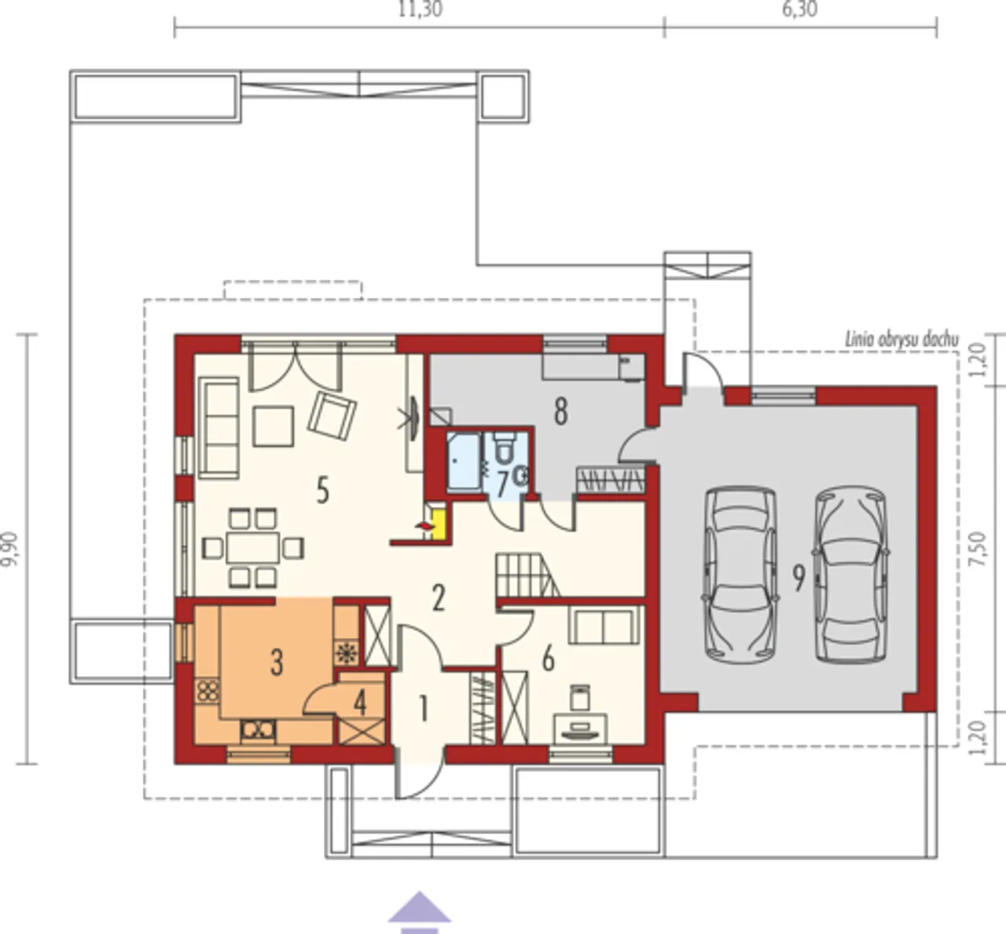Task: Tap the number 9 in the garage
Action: tap(799, 578)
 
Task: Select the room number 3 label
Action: tap(277, 662)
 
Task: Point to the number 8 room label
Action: tap(560, 411)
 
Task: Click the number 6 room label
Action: tap(548, 660)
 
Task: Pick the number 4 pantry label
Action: tap(360, 704)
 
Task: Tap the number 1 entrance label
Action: tap(424, 708)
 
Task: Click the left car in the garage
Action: tap(740, 575)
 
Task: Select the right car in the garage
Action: tap(851, 575)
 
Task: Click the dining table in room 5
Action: tap(253, 548)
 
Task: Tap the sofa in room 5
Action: tap(218, 428)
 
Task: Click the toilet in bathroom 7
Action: tap(504, 448)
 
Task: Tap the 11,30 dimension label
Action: tap(420, 9)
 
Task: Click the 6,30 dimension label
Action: tap(800, 9)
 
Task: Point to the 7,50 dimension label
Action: tap(978, 549)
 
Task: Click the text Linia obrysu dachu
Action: tap(901, 340)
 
